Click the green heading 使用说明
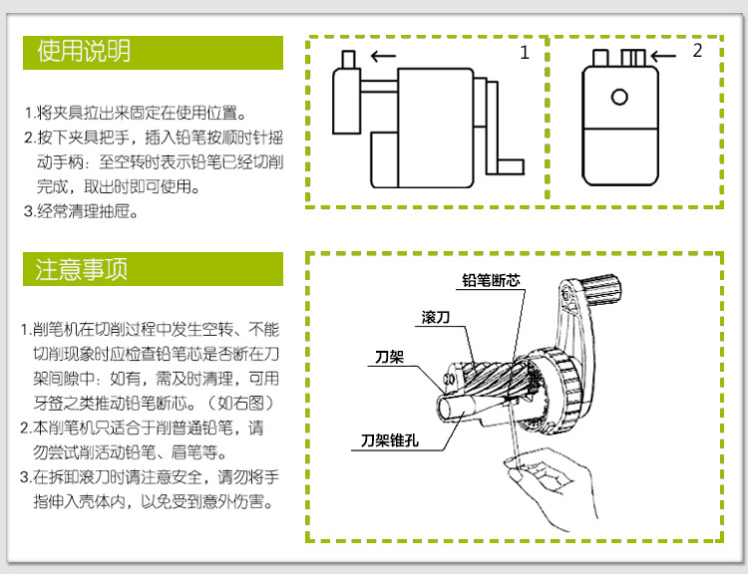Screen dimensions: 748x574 pos(84,52)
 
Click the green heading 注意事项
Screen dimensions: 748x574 pos(81,269)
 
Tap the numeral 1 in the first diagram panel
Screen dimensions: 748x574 pos(525,53)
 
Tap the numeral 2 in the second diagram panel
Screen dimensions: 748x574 pos(697,50)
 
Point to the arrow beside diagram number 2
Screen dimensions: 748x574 pos(663,56)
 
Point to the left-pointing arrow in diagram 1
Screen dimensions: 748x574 pos(384,56)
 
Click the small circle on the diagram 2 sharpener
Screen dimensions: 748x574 pos(619,98)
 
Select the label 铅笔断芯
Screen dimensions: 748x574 pos(491,280)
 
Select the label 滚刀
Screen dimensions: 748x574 pos(436,317)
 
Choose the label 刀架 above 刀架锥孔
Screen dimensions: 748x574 pos(389,357)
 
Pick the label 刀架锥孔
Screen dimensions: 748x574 pos(390,440)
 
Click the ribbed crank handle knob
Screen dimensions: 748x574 pos(602,289)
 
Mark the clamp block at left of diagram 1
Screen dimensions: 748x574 pos(347,101)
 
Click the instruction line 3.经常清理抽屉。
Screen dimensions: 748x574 pos(81,210)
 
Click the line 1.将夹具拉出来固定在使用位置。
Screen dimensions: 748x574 pos(136,113)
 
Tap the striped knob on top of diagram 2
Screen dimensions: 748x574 pos(633,58)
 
